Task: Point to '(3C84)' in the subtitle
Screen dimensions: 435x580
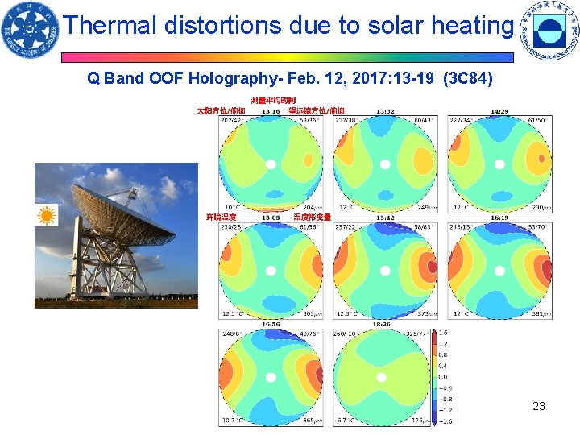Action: [x=469, y=79]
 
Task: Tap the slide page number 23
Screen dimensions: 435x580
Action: [x=539, y=406]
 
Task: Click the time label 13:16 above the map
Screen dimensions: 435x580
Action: [x=271, y=111]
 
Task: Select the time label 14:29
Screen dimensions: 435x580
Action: [x=499, y=111]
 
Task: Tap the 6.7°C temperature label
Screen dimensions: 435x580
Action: [x=346, y=420]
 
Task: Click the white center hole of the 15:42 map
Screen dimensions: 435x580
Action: [x=385, y=270]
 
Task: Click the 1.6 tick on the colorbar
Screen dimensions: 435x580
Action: [x=442, y=333]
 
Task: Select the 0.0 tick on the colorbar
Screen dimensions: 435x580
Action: [x=442, y=376]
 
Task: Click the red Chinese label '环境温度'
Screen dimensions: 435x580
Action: [x=222, y=217]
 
